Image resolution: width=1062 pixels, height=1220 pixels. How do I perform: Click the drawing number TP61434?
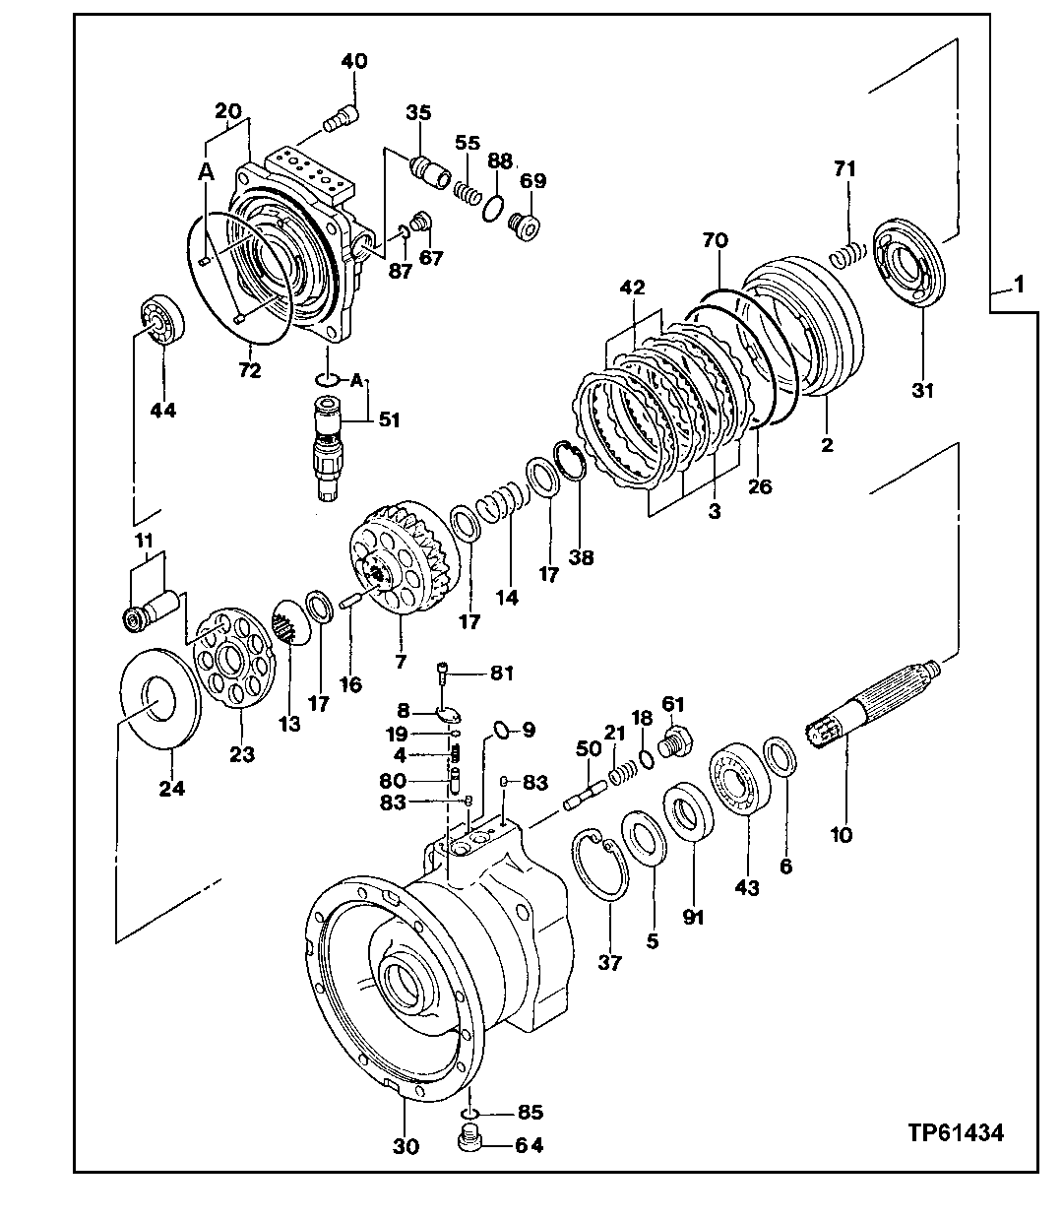click(x=955, y=1133)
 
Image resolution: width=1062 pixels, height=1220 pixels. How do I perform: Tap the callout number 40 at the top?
click(x=353, y=61)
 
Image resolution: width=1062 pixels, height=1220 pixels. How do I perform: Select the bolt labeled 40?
click(x=339, y=120)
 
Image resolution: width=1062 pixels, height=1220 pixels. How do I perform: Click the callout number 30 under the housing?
click(x=406, y=1146)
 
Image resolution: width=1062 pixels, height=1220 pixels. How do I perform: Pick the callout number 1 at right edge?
click(x=1019, y=286)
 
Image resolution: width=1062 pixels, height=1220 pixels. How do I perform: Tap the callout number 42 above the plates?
click(x=632, y=288)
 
